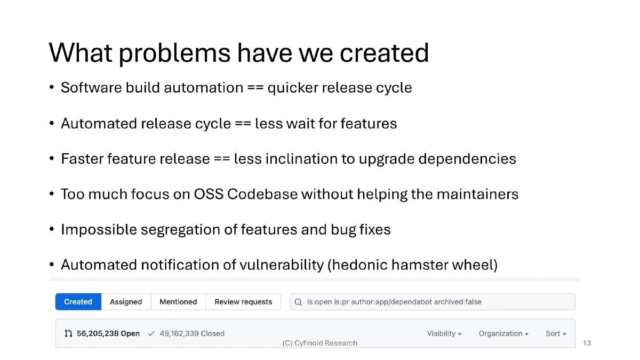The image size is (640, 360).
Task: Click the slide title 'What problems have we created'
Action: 238,52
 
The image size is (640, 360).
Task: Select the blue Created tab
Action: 78,302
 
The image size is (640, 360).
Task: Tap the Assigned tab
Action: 126,302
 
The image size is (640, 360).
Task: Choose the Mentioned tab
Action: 178,302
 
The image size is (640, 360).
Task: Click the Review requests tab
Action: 243,302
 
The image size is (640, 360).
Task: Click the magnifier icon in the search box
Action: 299,302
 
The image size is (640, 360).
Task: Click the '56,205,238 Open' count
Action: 102,333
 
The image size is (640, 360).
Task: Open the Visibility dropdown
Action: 444,333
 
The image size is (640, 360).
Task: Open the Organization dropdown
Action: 503,333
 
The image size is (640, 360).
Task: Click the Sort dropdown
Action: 555,333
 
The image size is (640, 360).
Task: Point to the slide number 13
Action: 587,343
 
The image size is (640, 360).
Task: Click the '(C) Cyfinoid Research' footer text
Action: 319,343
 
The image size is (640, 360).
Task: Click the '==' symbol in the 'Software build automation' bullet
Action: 255,87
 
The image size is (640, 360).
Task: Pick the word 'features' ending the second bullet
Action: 369,123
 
